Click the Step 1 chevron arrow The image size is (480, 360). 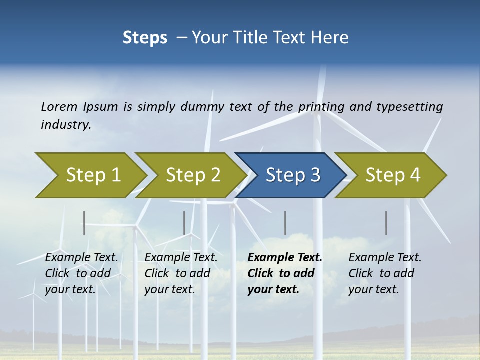(x=92, y=175)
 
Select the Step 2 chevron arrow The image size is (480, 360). (x=192, y=175)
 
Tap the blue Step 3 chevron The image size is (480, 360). (x=292, y=175)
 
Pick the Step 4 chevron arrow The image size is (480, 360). (x=392, y=175)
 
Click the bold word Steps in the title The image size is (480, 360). (x=145, y=38)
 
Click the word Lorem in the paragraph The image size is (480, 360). (x=59, y=106)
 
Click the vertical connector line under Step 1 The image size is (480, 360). (x=84, y=223)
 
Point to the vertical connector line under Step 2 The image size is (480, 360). (x=184, y=223)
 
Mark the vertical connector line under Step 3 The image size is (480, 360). (x=285, y=223)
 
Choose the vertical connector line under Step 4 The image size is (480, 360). (x=386, y=223)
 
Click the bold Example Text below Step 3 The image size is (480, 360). (x=285, y=257)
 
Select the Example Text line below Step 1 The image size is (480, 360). (x=81, y=257)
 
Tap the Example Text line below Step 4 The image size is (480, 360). (x=385, y=257)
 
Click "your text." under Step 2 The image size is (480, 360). (x=169, y=289)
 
